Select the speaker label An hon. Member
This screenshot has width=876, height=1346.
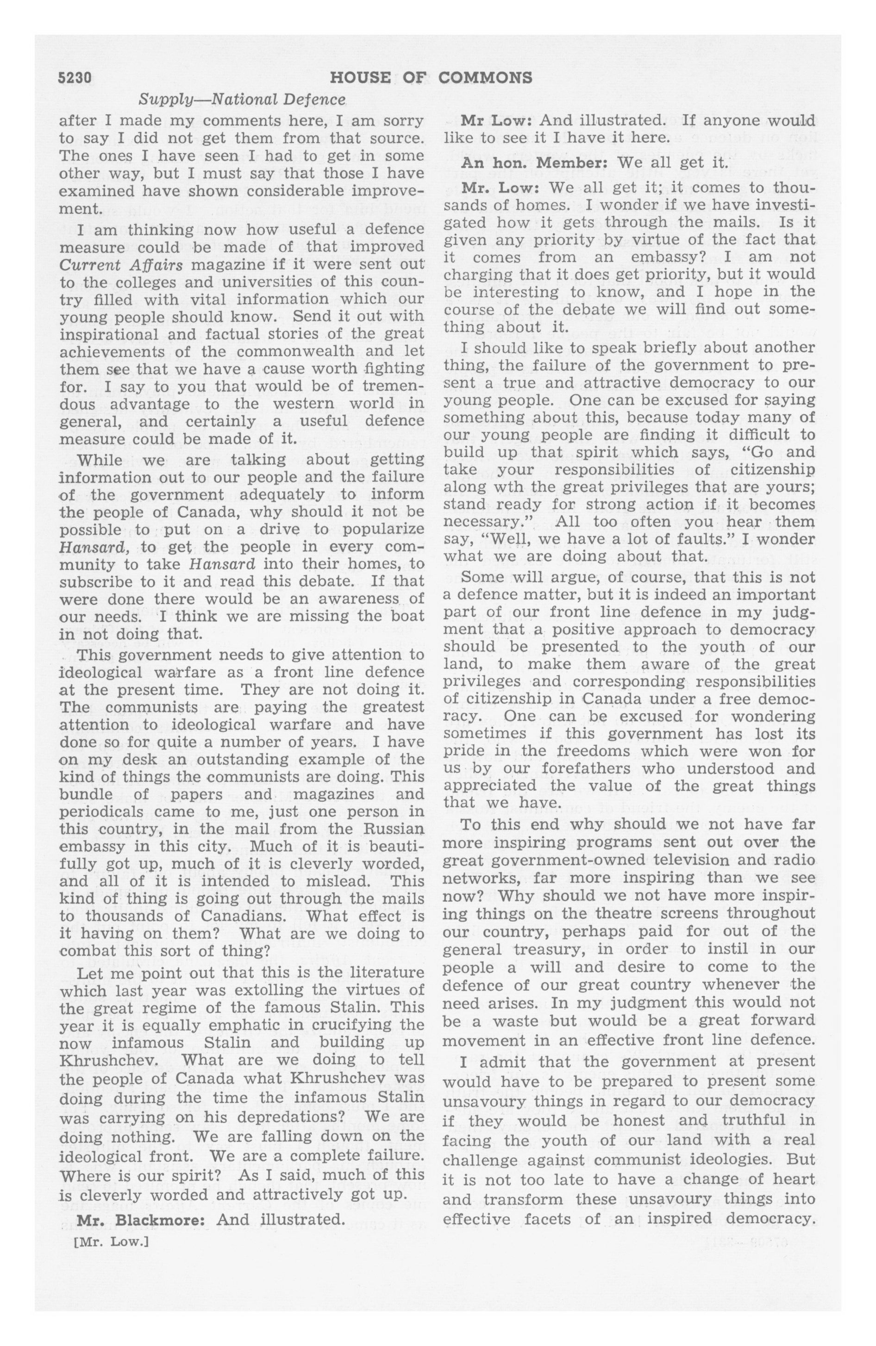tap(501, 163)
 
